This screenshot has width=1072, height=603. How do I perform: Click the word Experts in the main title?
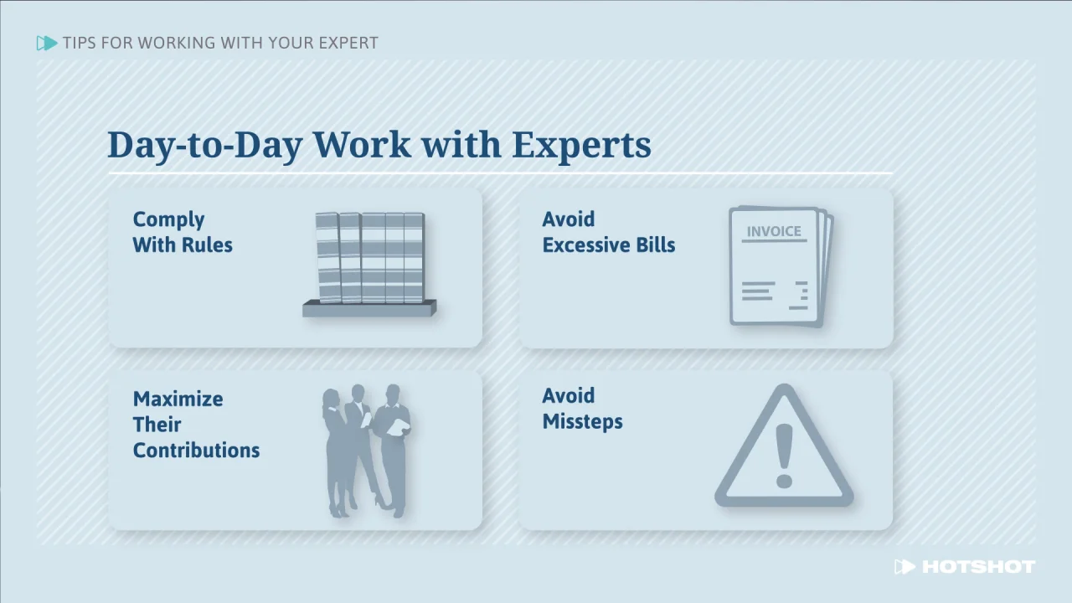point(581,145)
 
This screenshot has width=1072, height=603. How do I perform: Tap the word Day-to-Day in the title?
point(204,145)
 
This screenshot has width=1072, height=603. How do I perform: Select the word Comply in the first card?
point(168,219)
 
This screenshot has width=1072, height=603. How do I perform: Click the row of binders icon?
point(369,257)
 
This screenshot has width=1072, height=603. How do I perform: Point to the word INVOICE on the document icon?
point(774,231)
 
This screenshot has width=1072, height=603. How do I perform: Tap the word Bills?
point(654,245)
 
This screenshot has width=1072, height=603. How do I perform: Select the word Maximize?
point(178,399)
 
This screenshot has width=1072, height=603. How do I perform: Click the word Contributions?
point(196,450)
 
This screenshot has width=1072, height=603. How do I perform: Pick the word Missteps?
point(582,421)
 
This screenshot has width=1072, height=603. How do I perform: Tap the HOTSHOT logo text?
point(977,567)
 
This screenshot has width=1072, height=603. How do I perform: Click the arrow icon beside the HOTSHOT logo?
point(904,567)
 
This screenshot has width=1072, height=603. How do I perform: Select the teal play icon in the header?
point(47,43)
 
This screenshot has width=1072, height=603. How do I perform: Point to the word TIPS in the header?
point(79,43)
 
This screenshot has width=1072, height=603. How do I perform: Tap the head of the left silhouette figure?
point(331,399)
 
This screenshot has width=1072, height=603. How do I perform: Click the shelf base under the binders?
point(368,309)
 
